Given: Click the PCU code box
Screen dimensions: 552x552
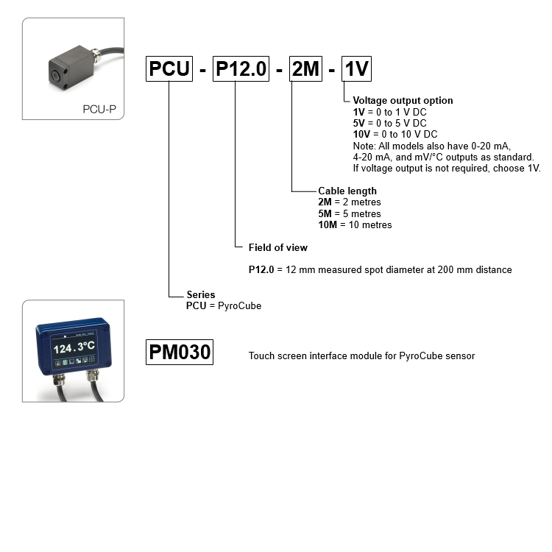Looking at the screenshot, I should (x=169, y=68).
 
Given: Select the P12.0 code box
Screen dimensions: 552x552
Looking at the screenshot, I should (x=236, y=68).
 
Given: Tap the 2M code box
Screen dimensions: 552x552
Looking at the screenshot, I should (x=305, y=68).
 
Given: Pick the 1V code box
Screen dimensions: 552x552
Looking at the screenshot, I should (x=357, y=68).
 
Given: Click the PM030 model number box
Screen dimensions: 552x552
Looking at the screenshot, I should (x=180, y=353).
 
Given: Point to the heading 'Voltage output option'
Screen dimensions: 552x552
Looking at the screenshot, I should (x=403, y=101).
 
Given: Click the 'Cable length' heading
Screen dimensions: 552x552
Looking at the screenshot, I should (x=347, y=191).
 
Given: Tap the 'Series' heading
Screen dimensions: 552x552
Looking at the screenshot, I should (x=201, y=295).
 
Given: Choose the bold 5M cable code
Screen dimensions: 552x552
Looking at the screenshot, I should (x=325, y=213).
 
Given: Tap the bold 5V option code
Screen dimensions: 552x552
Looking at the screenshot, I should (x=359, y=124).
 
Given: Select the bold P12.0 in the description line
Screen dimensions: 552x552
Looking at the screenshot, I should (x=261, y=270).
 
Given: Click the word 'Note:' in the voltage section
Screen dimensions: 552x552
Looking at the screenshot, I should (x=364, y=146).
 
